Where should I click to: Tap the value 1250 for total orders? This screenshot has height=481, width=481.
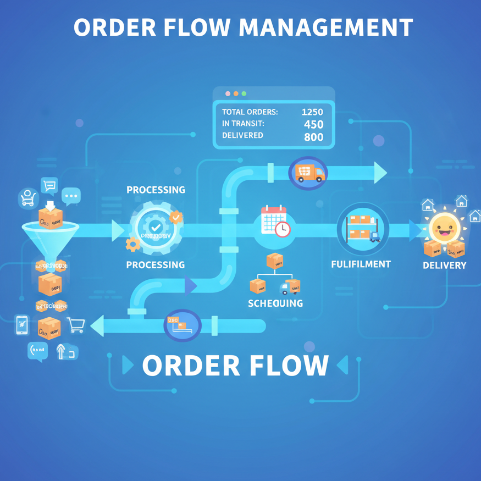[x=312, y=112]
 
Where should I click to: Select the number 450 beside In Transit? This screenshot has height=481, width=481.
[x=313, y=124]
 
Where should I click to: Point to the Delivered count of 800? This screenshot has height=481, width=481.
[x=313, y=137]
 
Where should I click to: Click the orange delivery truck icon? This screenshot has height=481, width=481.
[x=309, y=173]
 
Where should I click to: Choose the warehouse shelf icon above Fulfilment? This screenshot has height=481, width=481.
[x=362, y=228]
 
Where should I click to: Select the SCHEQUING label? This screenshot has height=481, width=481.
[x=275, y=303]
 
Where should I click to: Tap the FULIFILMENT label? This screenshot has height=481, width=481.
[x=361, y=264]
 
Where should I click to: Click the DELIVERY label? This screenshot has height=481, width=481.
[x=444, y=266]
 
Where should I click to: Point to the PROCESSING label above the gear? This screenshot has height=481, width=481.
[x=156, y=190]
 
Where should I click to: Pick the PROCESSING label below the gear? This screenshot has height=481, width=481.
[x=156, y=265]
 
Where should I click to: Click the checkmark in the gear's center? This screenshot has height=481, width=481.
[x=156, y=226]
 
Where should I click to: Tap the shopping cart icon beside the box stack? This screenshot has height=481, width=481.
[x=75, y=325]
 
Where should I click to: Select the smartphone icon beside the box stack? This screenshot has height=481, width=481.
[x=22, y=325]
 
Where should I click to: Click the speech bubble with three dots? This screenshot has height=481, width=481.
[x=71, y=196]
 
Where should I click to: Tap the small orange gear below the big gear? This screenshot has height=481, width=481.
[x=132, y=244]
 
